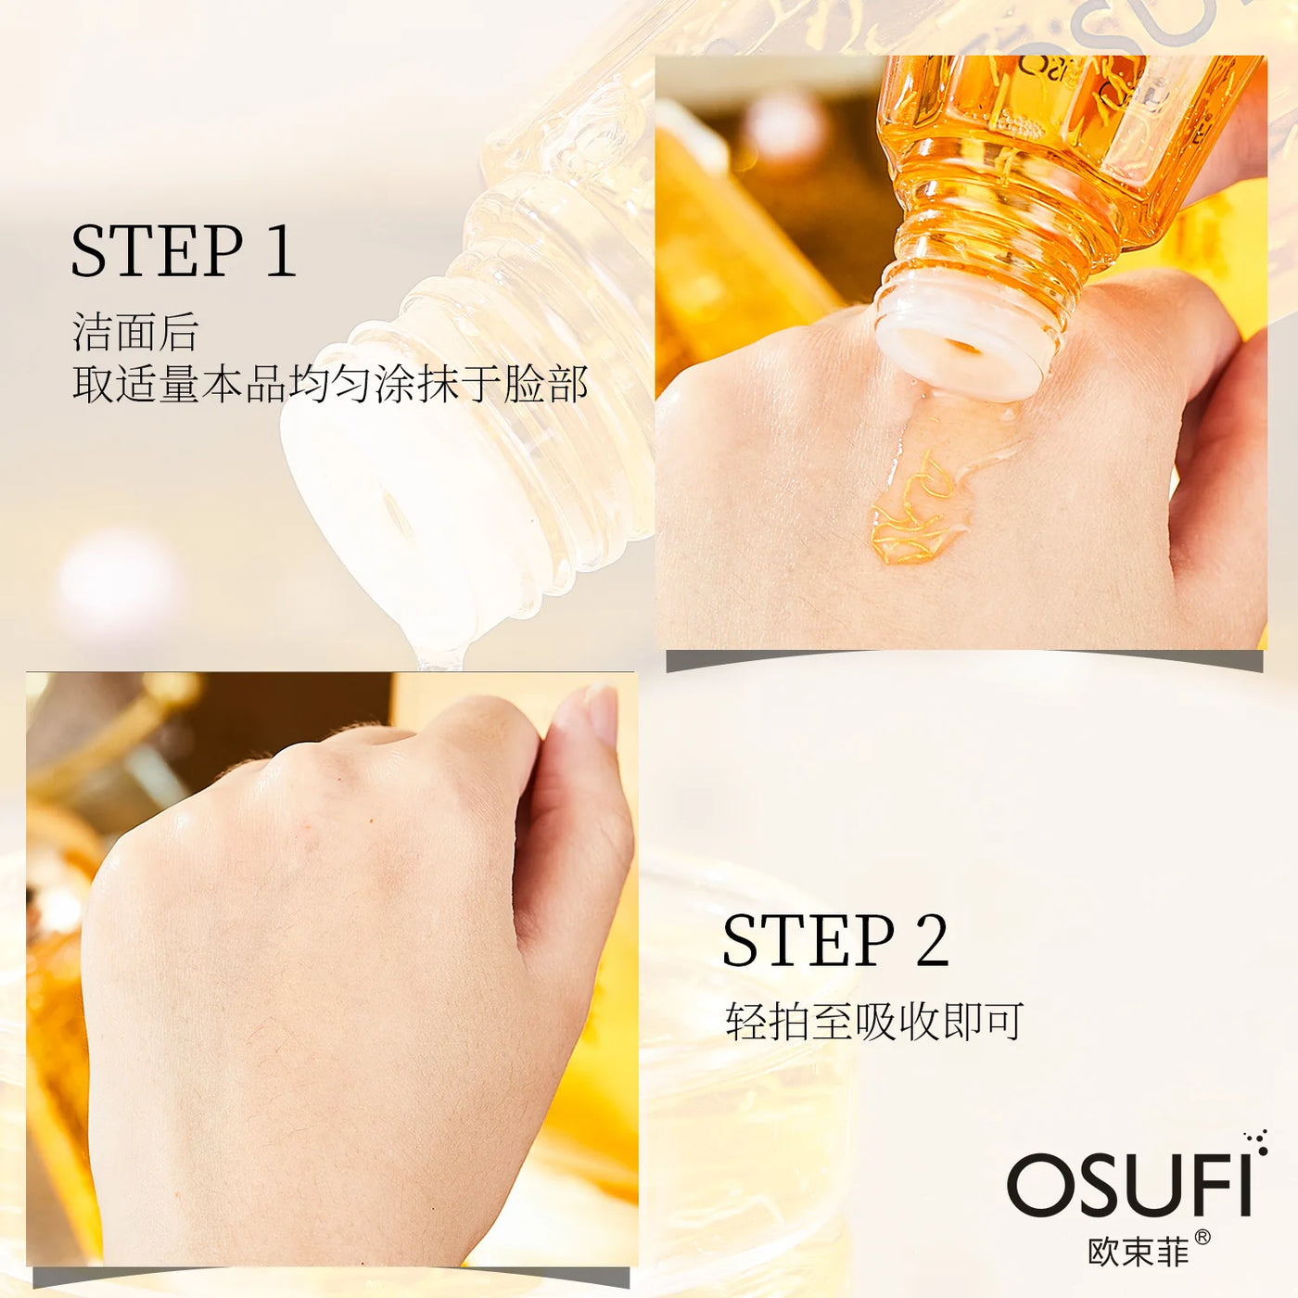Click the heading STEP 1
(x=184, y=251)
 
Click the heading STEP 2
(x=835, y=941)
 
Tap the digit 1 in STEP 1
(x=279, y=251)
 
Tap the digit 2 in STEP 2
(x=932, y=941)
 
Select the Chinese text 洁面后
(x=135, y=332)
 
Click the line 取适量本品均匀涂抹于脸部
(x=330, y=384)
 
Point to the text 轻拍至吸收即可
(x=873, y=1022)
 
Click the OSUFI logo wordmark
(x=1129, y=1186)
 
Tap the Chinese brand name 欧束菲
(x=1139, y=1252)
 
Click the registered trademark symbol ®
(x=1202, y=1237)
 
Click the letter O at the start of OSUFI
(x=1037, y=1186)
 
